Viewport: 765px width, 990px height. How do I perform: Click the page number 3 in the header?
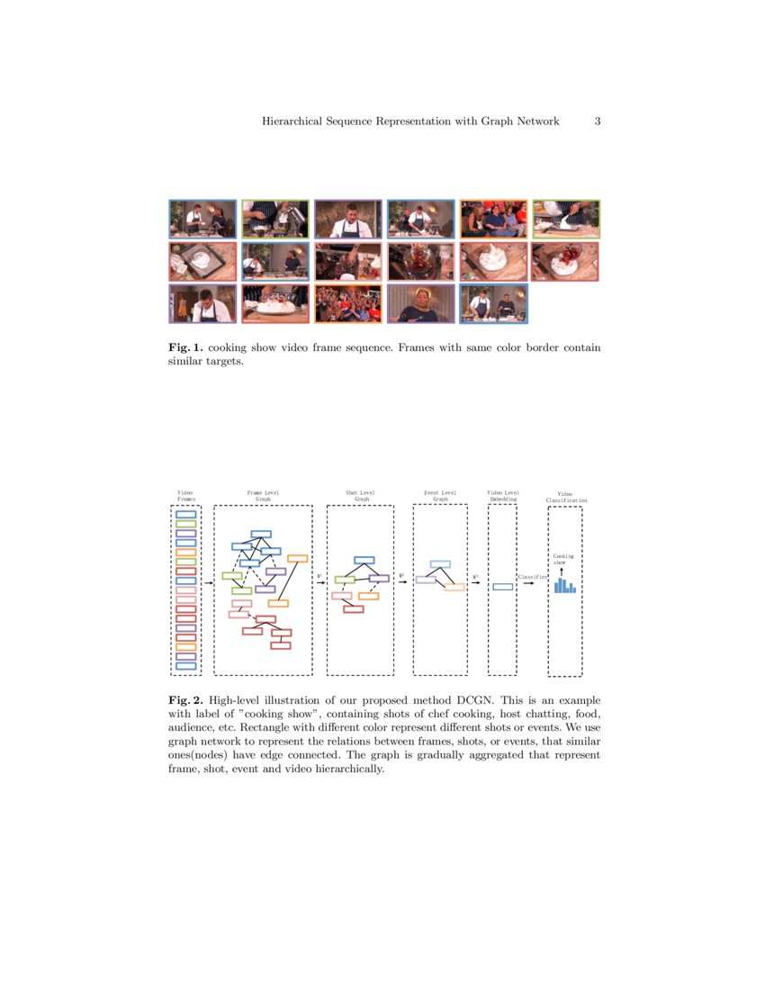click(598, 121)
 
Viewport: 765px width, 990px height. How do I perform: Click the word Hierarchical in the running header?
click(293, 121)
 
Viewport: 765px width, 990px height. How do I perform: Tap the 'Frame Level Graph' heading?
click(263, 495)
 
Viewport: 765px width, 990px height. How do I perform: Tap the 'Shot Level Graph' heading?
click(360, 495)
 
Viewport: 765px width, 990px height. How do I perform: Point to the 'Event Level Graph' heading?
click(440, 495)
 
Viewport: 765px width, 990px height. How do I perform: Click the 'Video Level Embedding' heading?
click(502, 495)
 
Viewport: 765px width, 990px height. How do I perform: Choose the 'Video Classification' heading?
click(565, 497)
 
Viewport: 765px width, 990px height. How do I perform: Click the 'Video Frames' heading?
click(185, 495)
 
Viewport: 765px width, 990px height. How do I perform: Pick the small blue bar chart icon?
click(564, 585)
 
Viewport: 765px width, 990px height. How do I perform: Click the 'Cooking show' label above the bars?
click(562, 560)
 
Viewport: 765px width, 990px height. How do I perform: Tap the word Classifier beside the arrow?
click(532, 576)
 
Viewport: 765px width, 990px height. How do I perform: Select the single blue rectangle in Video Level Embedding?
click(503, 587)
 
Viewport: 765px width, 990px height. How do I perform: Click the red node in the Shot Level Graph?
click(353, 609)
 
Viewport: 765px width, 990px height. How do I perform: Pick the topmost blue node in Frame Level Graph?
click(261, 535)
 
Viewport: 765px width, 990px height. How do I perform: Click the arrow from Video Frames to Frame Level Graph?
click(208, 583)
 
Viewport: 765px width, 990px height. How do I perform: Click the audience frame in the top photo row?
click(493, 219)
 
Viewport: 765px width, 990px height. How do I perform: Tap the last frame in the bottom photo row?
click(493, 303)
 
